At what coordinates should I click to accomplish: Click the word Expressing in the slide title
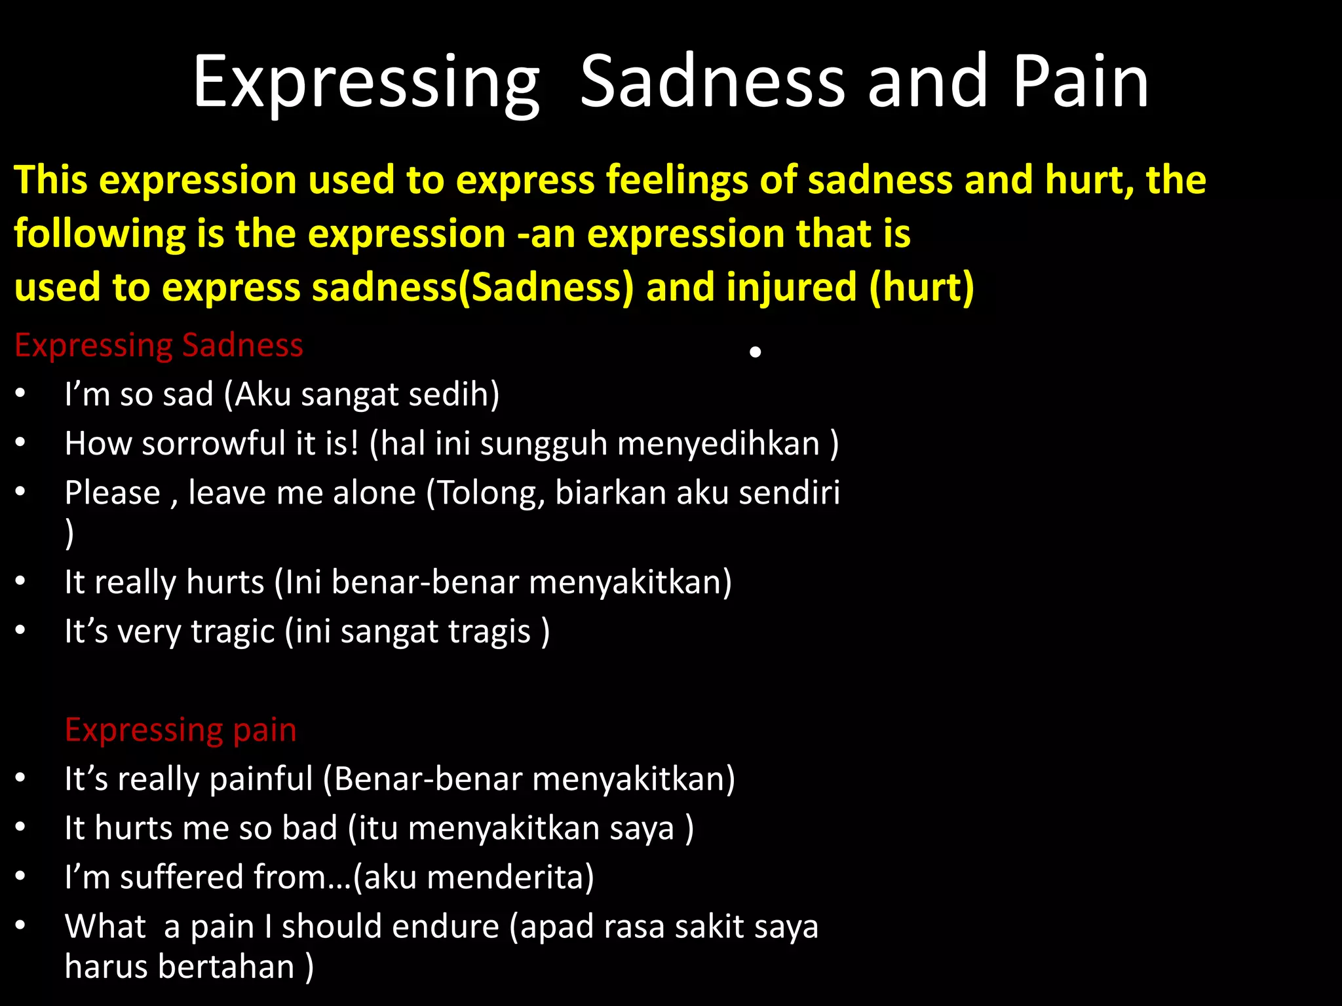click(366, 84)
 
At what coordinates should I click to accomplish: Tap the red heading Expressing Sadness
click(159, 345)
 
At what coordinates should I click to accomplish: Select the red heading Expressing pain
click(180, 730)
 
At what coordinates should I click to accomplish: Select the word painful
click(261, 779)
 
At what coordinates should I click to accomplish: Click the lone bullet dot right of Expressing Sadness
click(755, 352)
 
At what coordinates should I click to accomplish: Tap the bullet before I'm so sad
click(21, 394)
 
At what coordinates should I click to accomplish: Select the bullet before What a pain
click(21, 925)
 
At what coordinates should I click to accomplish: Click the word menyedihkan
click(718, 443)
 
